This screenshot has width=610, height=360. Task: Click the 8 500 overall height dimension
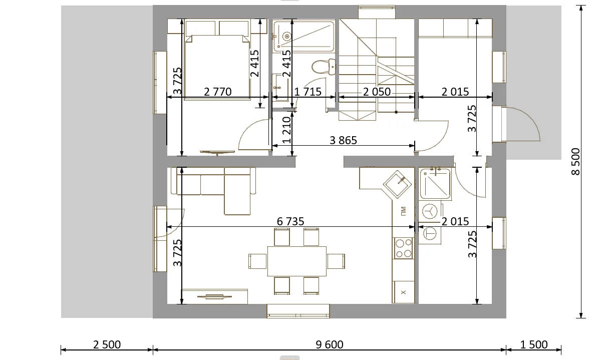tap(575, 162)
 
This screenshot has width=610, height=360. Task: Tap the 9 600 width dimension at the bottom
tap(330, 345)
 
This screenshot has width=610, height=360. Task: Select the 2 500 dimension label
tap(107, 345)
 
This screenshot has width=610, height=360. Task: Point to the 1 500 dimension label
tap(534, 345)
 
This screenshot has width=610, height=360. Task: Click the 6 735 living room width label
tap(290, 221)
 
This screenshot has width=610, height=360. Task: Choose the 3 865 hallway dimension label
tap(343, 141)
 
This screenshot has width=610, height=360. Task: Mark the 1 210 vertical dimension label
tap(287, 130)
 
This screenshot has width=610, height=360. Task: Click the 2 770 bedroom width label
tap(217, 92)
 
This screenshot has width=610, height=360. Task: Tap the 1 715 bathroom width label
tap(308, 92)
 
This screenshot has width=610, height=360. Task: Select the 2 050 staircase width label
tap(377, 92)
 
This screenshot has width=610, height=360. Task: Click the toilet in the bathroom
tap(324, 67)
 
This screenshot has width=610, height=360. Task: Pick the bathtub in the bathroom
tap(304, 36)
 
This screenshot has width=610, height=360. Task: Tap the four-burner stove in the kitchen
tap(403, 248)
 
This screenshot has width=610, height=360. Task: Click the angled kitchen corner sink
tap(397, 184)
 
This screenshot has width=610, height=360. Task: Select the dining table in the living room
tap(297, 261)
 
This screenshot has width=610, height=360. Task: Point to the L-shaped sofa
tap(213, 191)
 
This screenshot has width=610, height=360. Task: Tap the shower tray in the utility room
tap(435, 184)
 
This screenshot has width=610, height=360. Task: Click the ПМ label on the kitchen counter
tap(403, 211)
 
